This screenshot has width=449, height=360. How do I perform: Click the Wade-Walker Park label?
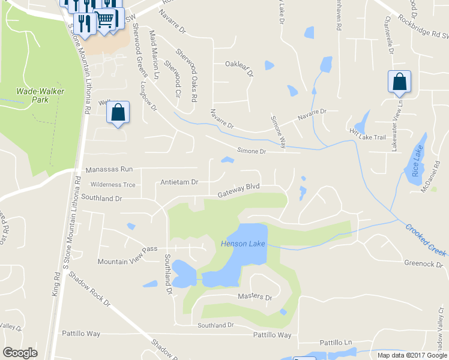tap(40, 95)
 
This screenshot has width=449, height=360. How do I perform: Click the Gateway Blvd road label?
tap(238, 190)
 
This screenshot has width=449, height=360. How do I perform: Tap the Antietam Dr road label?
tap(179, 182)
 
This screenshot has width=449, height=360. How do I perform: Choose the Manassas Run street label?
tap(109, 169)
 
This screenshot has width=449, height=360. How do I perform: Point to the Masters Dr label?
tap(255, 297)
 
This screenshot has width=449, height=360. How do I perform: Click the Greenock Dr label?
tap(423, 263)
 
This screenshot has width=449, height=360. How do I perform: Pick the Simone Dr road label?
tap(251, 151)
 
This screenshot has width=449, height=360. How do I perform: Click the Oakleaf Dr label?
tap(239, 64)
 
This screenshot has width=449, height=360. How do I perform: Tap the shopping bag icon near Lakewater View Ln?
tap(399, 83)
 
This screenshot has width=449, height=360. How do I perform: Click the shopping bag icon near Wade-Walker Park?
tap(118, 112)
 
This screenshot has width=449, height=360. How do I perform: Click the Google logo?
tap(20, 353)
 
